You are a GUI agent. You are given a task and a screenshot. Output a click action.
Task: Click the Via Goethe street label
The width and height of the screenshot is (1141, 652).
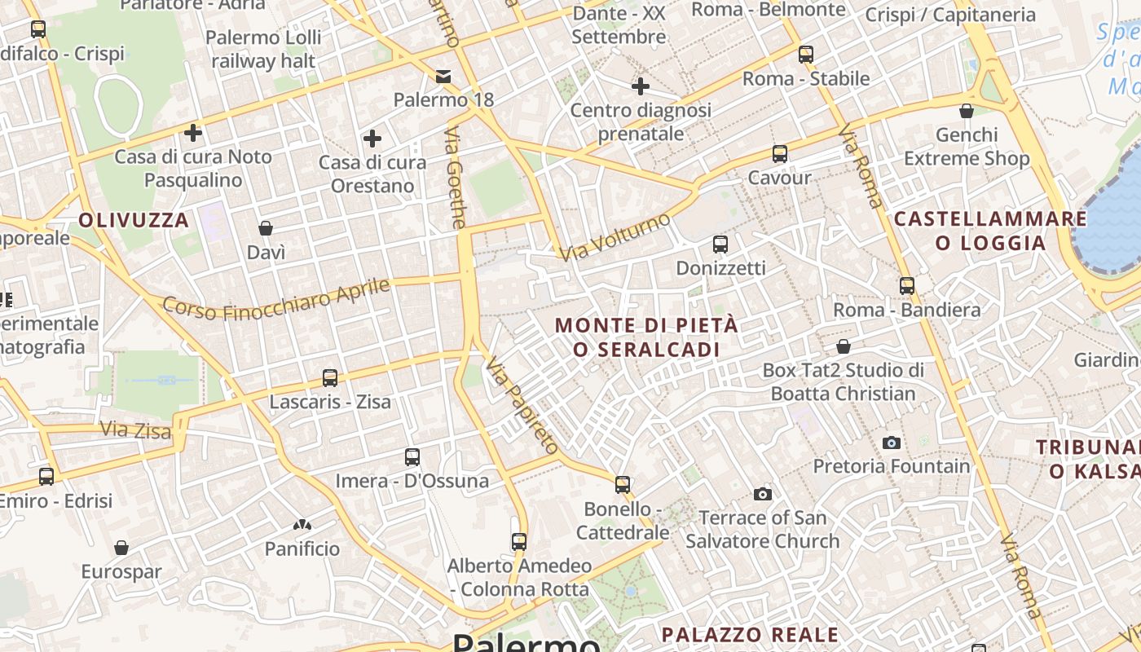457,177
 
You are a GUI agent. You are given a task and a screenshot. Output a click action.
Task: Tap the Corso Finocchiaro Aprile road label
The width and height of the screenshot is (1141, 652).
276,298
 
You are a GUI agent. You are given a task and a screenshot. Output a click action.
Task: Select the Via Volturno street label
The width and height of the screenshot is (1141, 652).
615,237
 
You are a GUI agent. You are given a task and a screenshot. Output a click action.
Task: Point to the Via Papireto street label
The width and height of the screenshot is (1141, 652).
523,405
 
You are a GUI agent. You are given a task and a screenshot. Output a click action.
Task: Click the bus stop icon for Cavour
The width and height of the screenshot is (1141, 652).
780,153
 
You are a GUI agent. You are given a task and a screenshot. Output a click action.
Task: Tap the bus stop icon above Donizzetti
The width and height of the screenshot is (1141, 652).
720,244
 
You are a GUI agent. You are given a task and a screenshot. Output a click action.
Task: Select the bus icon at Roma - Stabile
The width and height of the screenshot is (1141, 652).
806,55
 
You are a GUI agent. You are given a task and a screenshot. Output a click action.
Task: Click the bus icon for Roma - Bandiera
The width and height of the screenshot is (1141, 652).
907,286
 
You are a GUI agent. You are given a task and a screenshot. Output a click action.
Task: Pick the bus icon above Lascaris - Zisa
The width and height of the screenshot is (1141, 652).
330,378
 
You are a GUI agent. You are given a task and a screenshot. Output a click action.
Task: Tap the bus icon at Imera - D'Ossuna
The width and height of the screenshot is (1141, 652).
412,457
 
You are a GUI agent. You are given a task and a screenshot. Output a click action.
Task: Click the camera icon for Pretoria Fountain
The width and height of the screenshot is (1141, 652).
892,443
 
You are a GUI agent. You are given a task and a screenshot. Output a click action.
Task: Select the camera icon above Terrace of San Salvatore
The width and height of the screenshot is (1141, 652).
763,494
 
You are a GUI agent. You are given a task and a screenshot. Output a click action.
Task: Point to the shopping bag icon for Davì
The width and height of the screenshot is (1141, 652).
266,228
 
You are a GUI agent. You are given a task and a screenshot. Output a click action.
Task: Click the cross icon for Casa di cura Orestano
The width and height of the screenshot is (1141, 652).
372,139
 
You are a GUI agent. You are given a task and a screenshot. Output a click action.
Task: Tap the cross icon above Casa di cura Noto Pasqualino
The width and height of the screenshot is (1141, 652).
193,132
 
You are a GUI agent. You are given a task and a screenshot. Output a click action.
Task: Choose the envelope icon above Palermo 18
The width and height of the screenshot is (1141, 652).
443,77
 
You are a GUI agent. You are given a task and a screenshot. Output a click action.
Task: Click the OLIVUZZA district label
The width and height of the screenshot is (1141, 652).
134,220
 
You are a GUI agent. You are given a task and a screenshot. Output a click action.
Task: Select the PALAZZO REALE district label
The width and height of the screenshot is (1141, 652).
750,634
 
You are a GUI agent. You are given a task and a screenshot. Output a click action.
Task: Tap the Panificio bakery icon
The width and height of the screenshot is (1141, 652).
302,526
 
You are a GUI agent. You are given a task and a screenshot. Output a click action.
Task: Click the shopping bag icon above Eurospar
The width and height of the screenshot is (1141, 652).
121,548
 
